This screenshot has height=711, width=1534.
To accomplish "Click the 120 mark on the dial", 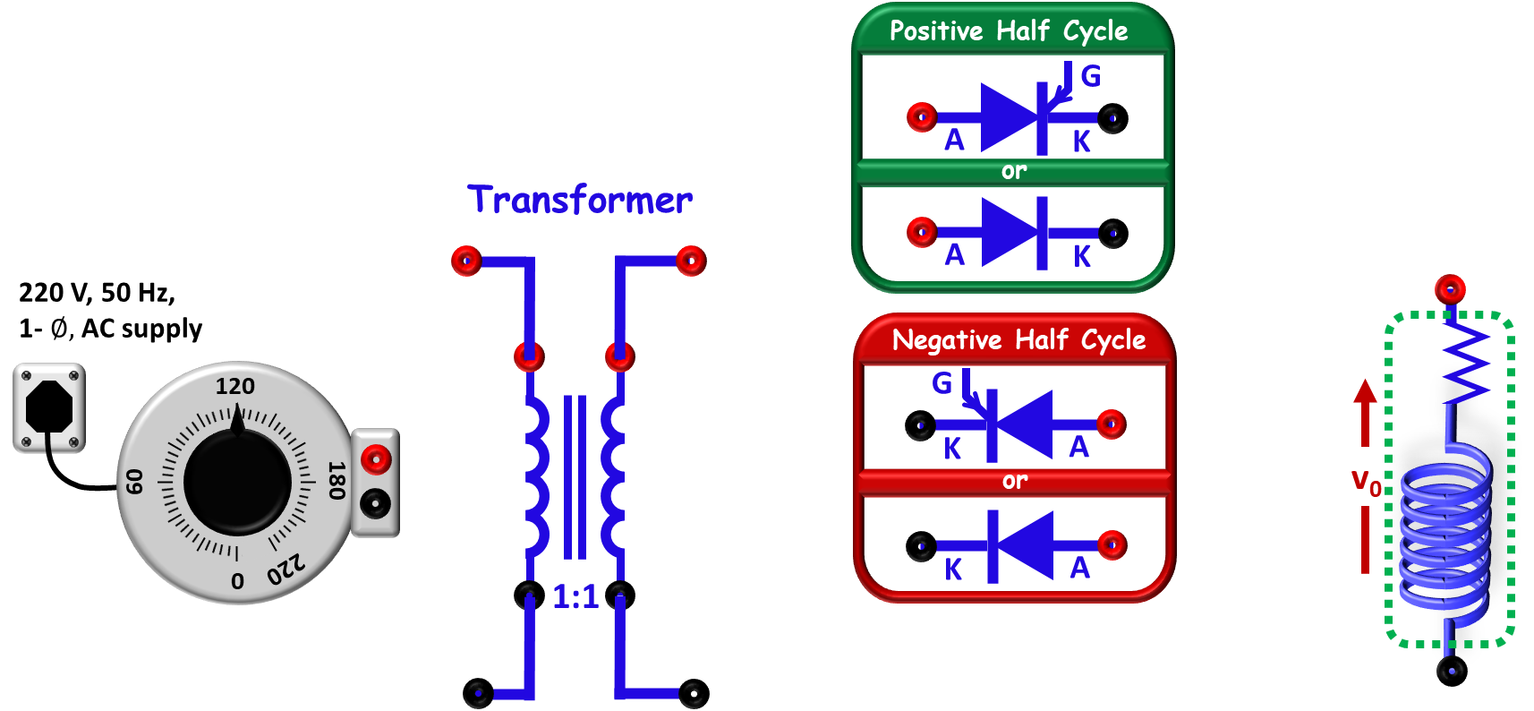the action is [234, 386].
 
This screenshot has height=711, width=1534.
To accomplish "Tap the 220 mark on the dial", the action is [286, 568].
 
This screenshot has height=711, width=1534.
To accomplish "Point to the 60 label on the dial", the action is [134, 481].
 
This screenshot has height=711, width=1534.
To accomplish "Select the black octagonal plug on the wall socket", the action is [48, 407].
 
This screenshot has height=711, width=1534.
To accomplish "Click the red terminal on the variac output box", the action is [376, 459].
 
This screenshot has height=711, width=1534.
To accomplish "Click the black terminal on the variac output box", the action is [375, 505].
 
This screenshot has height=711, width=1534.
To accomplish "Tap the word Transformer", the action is [579, 200].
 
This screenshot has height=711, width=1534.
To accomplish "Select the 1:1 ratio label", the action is [575, 597].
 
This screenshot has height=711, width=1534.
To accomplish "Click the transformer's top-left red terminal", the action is [466, 261].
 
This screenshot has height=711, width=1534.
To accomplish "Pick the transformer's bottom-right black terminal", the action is [694, 693].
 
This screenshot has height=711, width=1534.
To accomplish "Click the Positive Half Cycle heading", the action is [1008, 30].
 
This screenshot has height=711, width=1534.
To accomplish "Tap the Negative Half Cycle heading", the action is [1018, 339].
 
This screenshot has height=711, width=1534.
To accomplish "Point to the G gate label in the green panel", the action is [1091, 76].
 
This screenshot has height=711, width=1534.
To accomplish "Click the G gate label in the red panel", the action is [942, 383].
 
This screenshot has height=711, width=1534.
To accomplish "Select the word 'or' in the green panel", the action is [1013, 170].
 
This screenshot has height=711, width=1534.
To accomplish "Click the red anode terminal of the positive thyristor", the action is [922, 117].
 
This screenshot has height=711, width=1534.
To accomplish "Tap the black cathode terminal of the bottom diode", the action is [921, 546].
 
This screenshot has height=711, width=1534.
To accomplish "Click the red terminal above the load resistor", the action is [1450, 290].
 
